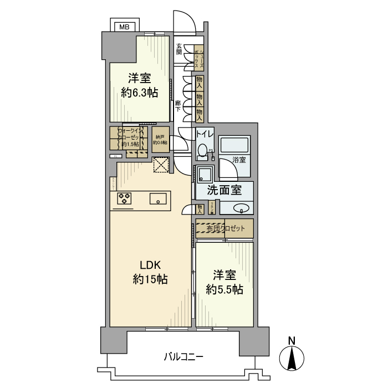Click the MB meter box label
point(125,26)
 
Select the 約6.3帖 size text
point(140,93)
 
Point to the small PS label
point(211,150)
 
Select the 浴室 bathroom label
point(239,159)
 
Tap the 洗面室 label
point(224,190)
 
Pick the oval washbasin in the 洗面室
point(241,208)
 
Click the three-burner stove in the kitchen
point(124,198)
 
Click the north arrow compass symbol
point(292,358)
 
